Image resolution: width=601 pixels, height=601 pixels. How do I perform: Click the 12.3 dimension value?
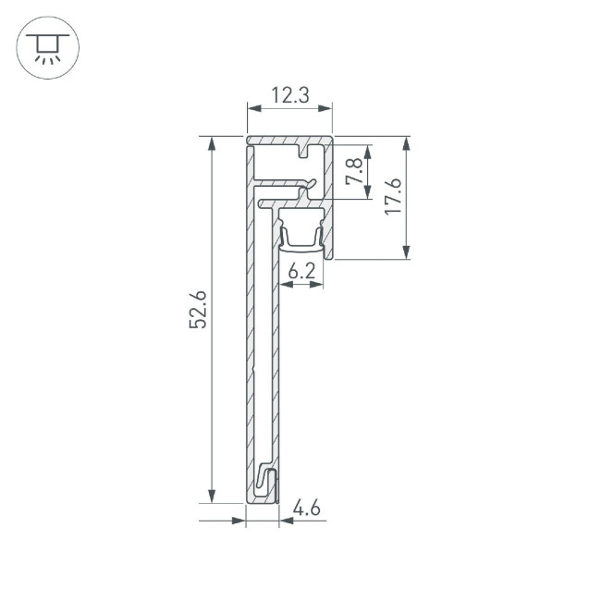(x=288, y=94)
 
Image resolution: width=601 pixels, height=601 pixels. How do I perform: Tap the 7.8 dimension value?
(x=352, y=172)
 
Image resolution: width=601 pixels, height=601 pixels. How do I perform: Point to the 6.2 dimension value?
(x=301, y=271)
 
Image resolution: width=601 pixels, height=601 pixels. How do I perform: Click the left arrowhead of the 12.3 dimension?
(x=252, y=109)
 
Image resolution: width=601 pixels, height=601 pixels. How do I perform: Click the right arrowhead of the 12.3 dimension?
(x=325, y=109)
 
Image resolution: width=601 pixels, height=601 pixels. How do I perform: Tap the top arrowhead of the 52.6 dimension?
(x=214, y=143)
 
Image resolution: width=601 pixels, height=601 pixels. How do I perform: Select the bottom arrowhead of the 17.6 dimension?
(x=407, y=252)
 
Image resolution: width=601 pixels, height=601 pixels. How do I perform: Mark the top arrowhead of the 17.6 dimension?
(x=407, y=143)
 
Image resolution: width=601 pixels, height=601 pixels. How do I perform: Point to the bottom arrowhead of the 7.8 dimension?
(x=368, y=191)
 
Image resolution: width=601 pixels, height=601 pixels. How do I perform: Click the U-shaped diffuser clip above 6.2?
(x=301, y=236)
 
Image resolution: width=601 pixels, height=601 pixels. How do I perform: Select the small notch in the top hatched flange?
(x=304, y=150)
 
